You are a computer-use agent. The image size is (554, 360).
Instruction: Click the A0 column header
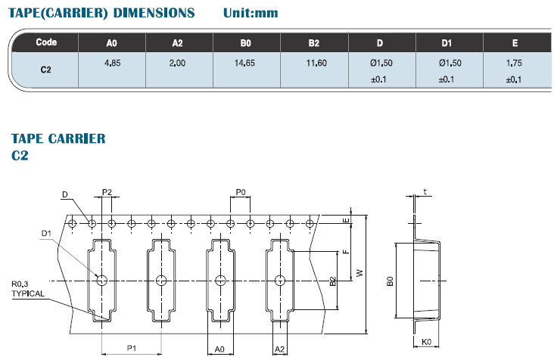pyautogui.click(x=112, y=43)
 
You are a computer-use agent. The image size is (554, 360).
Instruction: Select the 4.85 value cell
pyautogui.click(x=112, y=64)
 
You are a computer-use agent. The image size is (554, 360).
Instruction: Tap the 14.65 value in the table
pyautogui.click(x=246, y=64)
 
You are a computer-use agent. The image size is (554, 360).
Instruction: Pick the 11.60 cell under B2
pyautogui.click(x=316, y=64)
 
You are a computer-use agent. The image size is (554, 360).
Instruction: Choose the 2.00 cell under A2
pyautogui.click(x=178, y=64)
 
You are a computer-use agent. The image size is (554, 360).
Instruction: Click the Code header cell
pyautogui.click(x=46, y=42)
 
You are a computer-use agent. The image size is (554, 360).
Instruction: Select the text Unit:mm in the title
pyautogui.click(x=252, y=13)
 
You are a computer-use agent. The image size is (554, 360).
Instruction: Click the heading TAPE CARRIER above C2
pyautogui.click(x=58, y=138)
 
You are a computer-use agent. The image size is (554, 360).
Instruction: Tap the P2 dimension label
pyautogui.click(x=107, y=192)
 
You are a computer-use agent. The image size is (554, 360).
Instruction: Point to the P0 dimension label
pyautogui.click(x=241, y=192)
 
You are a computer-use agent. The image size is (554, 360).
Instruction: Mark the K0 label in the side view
pyautogui.click(x=426, y=342)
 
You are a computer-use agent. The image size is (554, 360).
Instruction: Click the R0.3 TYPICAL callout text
pyautogui.click(x=28, y=288)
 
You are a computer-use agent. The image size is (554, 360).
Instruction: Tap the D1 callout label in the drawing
pyautogui.click(x=45, y=234)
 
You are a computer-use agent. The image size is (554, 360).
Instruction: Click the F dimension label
pyautogui.click(x=346, y=253)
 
